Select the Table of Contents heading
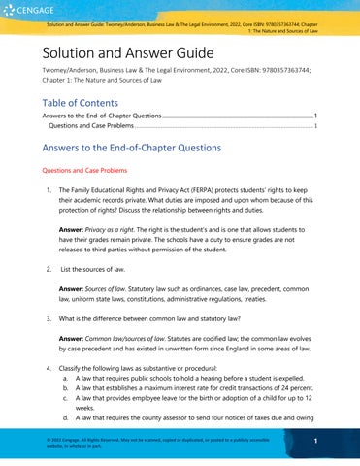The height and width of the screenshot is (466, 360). click(x=83, y=94)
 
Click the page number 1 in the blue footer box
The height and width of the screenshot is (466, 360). click(x=328, y=442)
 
